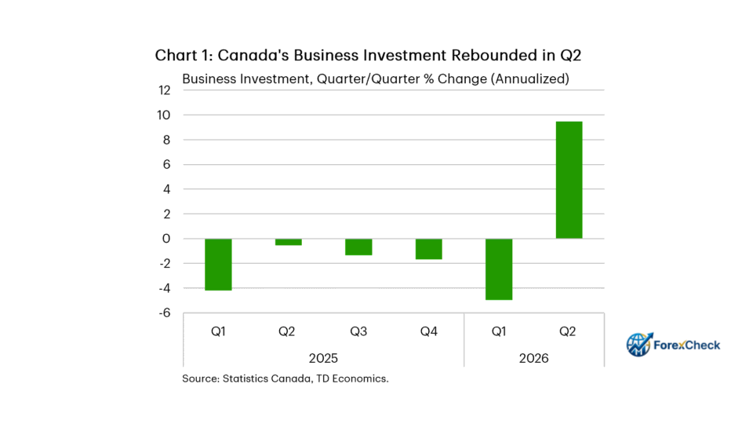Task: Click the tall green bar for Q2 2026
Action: click(569, 180)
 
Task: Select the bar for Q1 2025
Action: click(219, 265)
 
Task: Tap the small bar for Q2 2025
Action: click(289, 242)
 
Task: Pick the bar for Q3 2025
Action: click(358, 247)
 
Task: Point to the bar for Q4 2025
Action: click(429, 249)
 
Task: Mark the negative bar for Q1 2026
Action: click(499, 269)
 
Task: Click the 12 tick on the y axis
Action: click(164, 90)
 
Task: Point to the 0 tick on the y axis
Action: click(166, 239)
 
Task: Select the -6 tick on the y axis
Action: click(165, 313)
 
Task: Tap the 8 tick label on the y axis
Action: click(166, 140)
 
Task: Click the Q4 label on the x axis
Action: click(429, 331)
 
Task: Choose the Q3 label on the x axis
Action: click(358, 331)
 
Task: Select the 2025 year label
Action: click(323, 358)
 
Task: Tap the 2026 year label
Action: click(533, 358)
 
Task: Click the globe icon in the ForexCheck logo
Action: click(639, 344)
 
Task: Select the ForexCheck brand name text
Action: click(687, 345)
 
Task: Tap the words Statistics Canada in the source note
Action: click(267, 378)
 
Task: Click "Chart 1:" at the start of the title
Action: click(184, 55)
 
